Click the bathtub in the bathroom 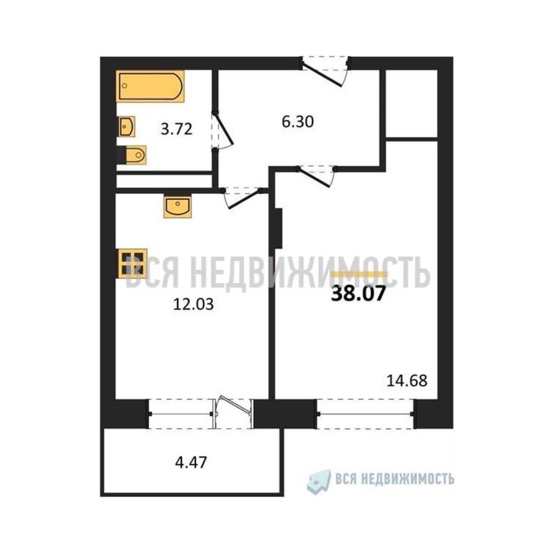[x=150, y=86]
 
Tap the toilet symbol [x=136, y=155]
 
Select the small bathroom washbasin [x=127, y=127]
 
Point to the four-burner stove [x=133, y=264]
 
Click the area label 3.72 [x=176, y=129]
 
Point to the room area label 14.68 [x=407, y=381]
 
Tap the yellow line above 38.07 [x=359, y=274]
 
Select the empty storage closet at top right [x=411, y=104]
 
